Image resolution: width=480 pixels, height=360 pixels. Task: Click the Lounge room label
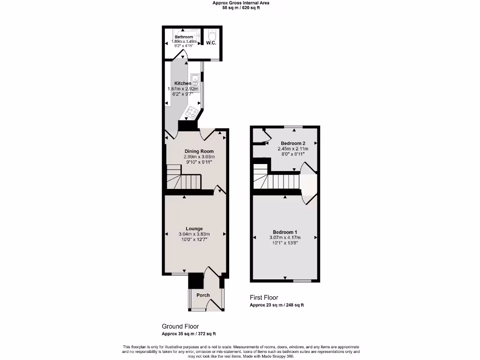[x=194, y=229]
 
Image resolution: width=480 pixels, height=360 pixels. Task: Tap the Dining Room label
[x=199, y=151]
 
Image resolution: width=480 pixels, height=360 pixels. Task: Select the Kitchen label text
[x=183, y=83]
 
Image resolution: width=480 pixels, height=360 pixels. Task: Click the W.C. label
[x=211, y=43]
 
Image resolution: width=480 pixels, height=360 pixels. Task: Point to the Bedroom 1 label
[x=285, y=232]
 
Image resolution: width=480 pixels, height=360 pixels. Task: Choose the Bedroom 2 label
[x=293, y=143]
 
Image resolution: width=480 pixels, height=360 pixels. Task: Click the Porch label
[x=203, y=295]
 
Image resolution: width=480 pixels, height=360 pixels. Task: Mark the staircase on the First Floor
[x=277, y=180]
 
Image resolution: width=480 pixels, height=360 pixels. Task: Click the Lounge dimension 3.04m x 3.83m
[x=194, y=234]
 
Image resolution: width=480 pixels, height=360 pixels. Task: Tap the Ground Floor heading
[x=180, y=326]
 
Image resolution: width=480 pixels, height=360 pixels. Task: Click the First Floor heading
[x=264, y=298]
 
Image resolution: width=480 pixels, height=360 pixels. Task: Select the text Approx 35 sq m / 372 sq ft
[x=188, y=334]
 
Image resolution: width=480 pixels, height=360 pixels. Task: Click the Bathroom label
[x=184, y=37]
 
